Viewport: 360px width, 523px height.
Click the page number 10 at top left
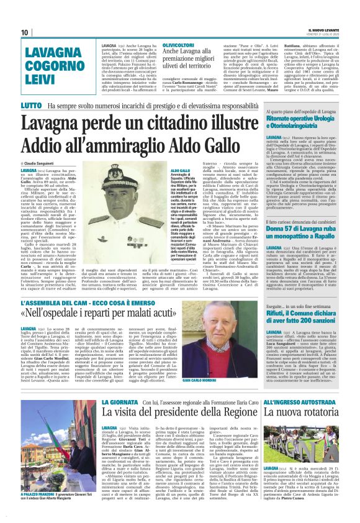pyautogui.click(x=24, y=32)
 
